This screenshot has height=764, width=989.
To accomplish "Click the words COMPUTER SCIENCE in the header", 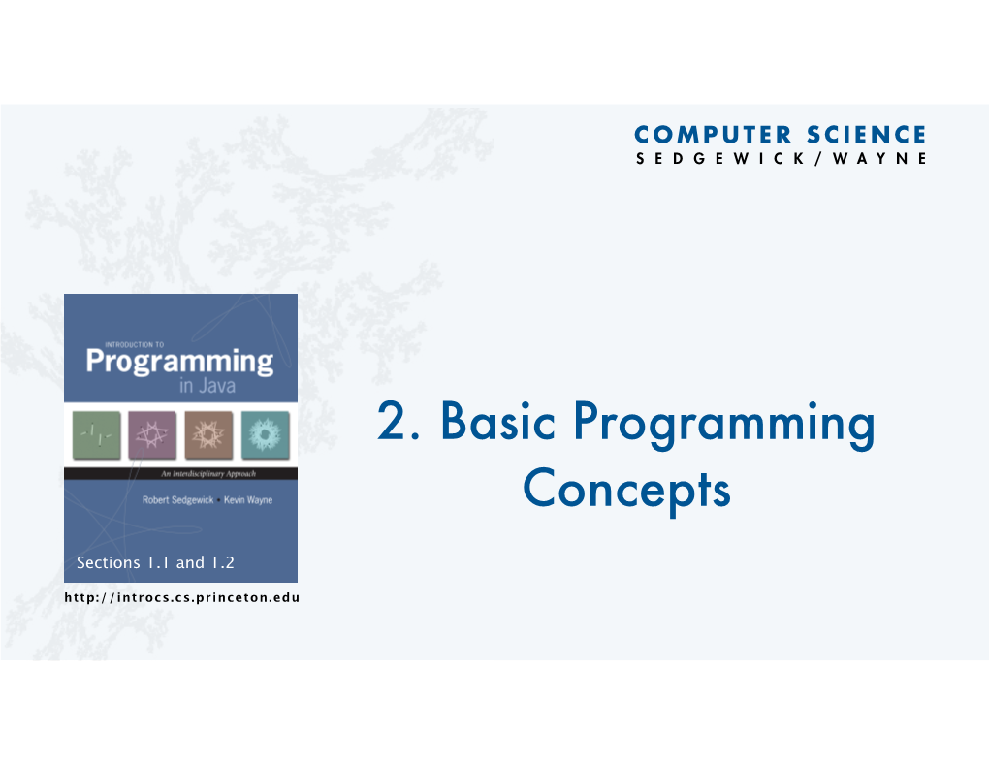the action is [x=781, y=135].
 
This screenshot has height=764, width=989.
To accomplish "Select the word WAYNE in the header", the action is [x=879, y=158].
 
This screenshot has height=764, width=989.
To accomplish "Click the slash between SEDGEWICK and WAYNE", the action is [x=818, y=158].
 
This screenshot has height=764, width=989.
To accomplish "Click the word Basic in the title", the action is [x=497, y=420].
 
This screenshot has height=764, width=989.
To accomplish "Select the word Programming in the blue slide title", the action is [x=724, y=425].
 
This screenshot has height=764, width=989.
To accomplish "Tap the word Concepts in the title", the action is [x=626, y=491].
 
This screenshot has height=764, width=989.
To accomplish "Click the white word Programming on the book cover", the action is [x=179, y=363].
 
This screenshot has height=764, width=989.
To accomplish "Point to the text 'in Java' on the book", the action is [x=207, y=386].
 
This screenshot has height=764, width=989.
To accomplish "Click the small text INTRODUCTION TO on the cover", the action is [x=135, y=344].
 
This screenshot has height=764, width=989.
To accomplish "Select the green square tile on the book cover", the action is [x=97, y=434].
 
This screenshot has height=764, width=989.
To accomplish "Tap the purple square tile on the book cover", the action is [x=152, y=434].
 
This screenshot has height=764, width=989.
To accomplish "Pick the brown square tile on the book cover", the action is [x=208, y=434].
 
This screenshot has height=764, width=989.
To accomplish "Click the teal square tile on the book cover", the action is [x=266, y=434].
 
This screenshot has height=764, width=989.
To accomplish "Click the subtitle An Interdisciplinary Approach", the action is [x=208, y=474].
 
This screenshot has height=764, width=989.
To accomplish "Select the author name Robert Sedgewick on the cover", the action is [x=177, y=500].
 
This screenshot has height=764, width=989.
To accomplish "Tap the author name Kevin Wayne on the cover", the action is [x=248, y=500].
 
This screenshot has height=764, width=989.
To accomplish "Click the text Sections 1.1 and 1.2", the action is [x=155, y=562].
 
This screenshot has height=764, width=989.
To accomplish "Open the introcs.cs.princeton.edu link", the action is [x=181, y=597].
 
